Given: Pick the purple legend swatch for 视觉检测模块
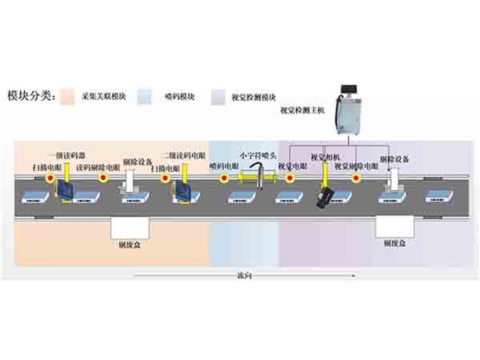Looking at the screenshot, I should coord(217,97).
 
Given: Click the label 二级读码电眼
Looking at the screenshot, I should coord(183,154).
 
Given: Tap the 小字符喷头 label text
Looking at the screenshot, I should coord(257,154).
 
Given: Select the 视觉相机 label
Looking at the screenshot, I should coord(325,156).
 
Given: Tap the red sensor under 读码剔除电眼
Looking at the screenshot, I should coord(102,178).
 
